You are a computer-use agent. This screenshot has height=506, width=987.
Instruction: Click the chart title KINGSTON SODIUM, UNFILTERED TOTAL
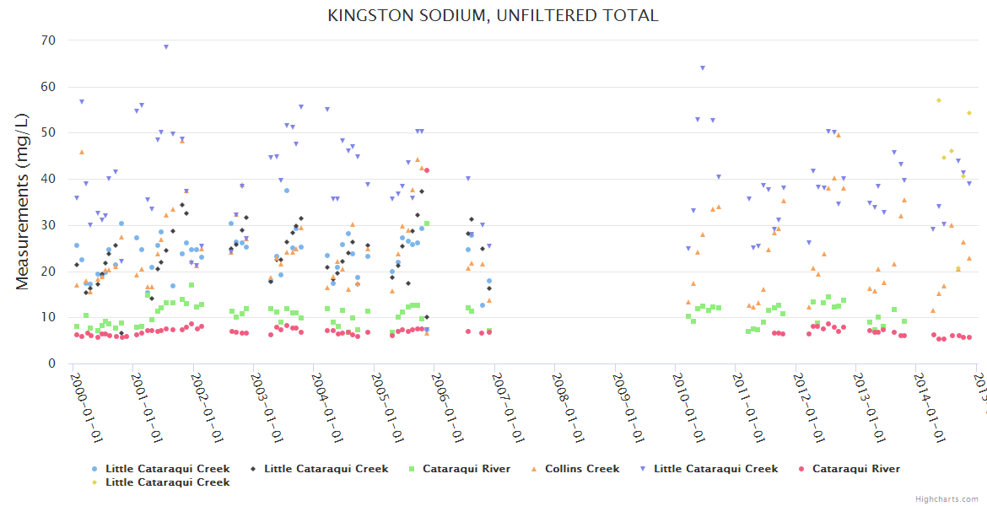point(493,15)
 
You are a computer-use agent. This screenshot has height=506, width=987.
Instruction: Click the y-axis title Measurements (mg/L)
point(23,202)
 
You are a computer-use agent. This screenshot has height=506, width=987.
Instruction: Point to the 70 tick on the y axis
point(48,40)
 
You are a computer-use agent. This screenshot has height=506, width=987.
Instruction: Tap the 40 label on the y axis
point(48,179)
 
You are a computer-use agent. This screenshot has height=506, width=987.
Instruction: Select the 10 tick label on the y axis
point(48,317)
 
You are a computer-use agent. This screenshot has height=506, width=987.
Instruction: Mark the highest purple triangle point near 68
point(166,47)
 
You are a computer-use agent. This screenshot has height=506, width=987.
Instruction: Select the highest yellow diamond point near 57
point(938,100)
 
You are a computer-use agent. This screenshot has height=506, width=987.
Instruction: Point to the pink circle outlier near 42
point(427,170)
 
